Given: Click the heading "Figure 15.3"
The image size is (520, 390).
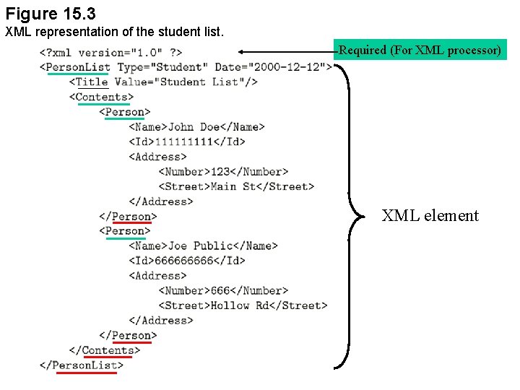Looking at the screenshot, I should point(51,14).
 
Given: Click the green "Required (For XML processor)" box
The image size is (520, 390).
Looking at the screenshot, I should point(420,50).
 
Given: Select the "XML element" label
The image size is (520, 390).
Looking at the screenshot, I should point(430,215).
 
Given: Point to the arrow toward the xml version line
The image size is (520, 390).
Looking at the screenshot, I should point(286,51).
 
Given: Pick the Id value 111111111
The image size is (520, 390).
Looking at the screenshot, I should point(184,142).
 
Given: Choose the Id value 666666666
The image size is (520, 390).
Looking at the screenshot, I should point(184,261).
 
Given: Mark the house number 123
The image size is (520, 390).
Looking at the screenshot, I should point(220,172).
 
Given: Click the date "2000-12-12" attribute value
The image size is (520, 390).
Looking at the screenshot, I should point(288,67).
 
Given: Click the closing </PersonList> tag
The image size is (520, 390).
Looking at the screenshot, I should point(82,365).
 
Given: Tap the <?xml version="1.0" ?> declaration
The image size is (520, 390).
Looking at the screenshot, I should point(110,52).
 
